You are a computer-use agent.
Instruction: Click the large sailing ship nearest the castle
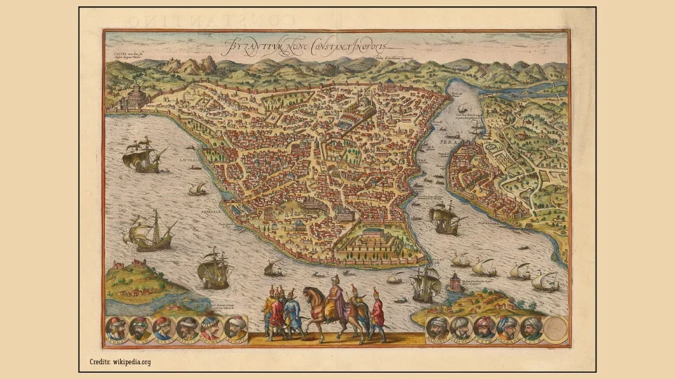tap(142, 156)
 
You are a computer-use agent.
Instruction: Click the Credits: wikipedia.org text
tap(120, 362)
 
